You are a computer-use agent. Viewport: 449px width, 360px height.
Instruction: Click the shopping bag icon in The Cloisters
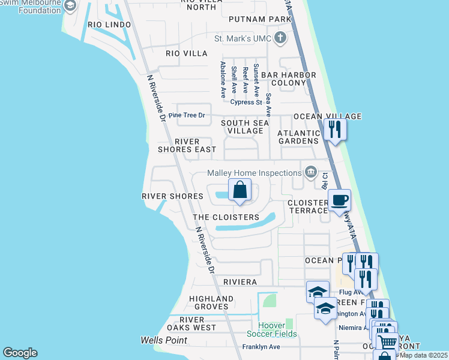coord(240,190)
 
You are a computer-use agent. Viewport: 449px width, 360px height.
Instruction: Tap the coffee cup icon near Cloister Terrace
coord(339,200)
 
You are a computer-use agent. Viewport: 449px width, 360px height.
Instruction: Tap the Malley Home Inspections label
coord(255,173)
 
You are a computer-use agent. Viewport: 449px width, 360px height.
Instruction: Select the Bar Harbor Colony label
coord(289,79)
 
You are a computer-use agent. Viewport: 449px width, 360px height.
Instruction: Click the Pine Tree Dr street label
coord(187,115)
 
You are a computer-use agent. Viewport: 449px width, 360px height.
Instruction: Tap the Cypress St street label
coord(247,102)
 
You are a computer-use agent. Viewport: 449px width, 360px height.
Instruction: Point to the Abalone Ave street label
coord(223,79)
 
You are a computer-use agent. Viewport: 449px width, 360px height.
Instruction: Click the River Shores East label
coord(187,145)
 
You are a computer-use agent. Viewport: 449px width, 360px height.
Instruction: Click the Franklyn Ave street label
coord(261,347)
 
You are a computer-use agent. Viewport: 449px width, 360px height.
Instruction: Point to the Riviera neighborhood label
coord(240,282)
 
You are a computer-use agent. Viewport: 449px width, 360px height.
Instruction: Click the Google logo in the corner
coord(20,353)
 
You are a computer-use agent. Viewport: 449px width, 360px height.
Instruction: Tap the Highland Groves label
coord(211,302)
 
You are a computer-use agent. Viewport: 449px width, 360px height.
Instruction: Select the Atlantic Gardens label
coord(298,137)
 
